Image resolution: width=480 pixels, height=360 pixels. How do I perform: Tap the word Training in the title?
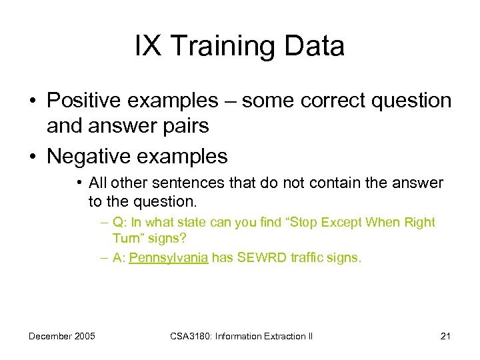pyautogui.click(x=216, y=47)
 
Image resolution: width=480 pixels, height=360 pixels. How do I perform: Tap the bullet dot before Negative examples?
pyautogui.click(x=32, y=157)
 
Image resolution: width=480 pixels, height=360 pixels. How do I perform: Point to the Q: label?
pyautogui.click(x=120, y=223)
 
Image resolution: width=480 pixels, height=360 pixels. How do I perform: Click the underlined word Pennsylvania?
pyautogui.click(x=169, y=259)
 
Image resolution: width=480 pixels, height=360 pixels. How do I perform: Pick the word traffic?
pyautogui.click(x=311, y=259)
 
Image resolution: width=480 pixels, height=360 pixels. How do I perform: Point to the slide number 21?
pyautogui.click(x=445, y=336)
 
